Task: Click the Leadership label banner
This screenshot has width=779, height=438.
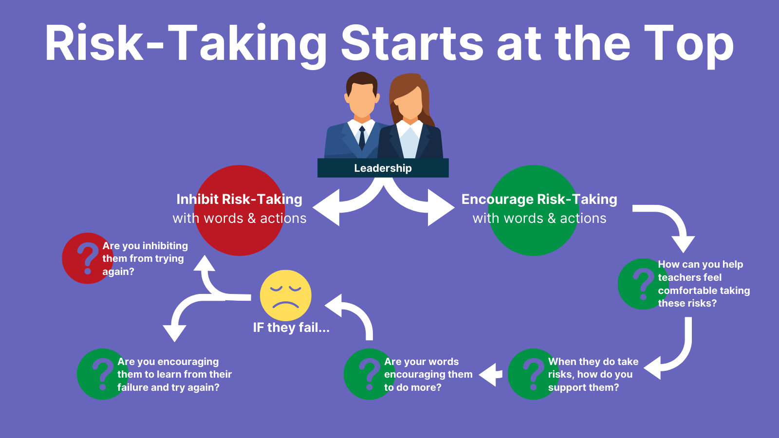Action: [383, 168]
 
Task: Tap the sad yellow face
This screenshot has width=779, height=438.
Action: [285, 295]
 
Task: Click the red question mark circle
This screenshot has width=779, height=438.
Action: [88, 258]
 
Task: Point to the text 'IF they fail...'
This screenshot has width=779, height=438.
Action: [291, 328]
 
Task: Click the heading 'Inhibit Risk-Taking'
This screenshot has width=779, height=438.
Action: [239, 199]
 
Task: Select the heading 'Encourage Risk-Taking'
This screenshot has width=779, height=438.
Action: [539, 199]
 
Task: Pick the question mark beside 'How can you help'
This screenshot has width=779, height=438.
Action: [643, 284]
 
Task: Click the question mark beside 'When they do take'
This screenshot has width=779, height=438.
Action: [533, 374]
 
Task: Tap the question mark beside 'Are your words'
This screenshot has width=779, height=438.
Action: [369, 374]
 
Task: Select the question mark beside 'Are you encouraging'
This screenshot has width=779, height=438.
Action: [102, 374]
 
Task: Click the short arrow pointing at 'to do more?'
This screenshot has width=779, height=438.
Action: [491, 375]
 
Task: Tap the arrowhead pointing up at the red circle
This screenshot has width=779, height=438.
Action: [204, 264]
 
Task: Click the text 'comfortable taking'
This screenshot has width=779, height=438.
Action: [704, 291]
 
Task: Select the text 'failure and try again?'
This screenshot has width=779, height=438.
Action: [168, 387]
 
